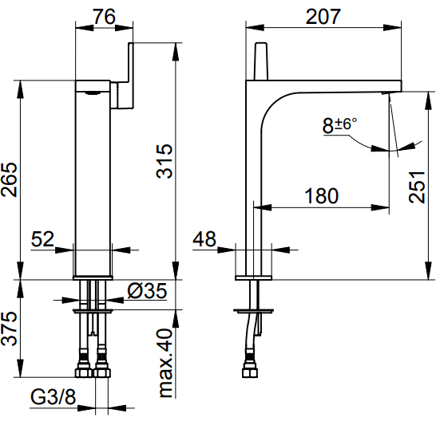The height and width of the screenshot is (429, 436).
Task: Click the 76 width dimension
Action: click(x=104, y=17)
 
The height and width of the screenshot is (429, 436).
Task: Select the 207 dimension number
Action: click(x=323, y=17)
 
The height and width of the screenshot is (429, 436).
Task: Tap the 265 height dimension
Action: click(x=10, y=179)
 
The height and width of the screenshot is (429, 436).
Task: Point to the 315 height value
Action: click(x=164, y=161)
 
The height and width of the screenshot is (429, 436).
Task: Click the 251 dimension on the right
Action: click(x=417, y=187)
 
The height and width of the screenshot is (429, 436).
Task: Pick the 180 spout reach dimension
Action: click(x=322, y=195)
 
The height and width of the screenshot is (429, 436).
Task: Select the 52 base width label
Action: click(x=42, y=238)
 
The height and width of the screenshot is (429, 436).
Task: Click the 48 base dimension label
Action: click(x=204, y=238)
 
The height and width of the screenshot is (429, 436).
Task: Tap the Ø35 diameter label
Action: click(x=147, y=291)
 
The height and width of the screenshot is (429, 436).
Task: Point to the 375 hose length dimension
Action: click(x=10, y=329)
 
